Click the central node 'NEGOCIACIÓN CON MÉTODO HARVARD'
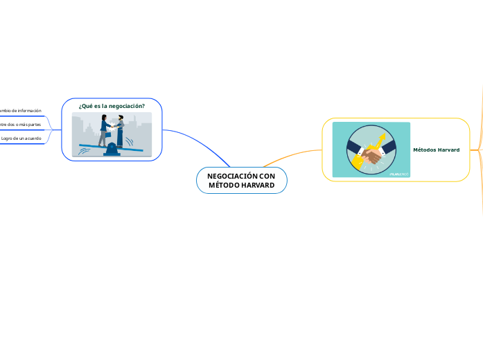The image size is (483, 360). [x=241, y=181]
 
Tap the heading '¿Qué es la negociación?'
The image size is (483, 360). [x=112, y=106]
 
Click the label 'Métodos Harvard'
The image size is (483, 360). [x=436, y=150]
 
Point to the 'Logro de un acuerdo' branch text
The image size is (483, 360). [x=21, y=138]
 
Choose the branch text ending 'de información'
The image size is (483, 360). [x=21, y=111]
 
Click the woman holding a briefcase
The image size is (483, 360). [x=104, y=130]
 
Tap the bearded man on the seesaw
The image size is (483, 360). [x=120, y=130]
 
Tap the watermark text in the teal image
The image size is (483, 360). [x=399, y=174]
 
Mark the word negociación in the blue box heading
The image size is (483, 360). [x=128, y=106]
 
